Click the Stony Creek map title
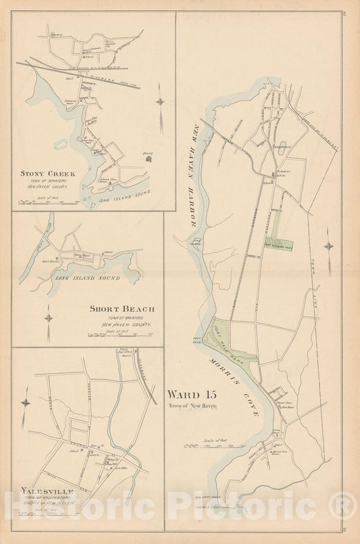pos(47,173)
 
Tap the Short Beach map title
pos(122,309)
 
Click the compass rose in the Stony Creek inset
pos(160,101)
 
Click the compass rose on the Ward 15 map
pos(329,247)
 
